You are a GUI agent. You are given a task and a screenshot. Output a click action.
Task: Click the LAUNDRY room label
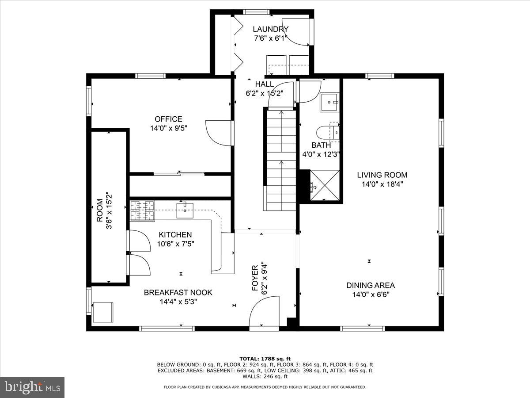pyautogui.click(x=270, y=29)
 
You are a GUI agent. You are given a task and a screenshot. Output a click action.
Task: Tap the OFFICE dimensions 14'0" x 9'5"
pyautogui.click(x=168, y=128)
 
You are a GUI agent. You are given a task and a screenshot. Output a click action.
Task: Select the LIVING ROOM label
pyautogui.click(x=382, y=175)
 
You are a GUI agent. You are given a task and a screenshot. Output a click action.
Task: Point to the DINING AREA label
pyautogui.click(x=370, y=285)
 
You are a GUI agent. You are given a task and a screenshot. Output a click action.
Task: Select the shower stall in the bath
pyautogui.click(x=325, y=186)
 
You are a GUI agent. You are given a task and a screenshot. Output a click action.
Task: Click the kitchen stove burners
pyautogui.click(x=142, y=210)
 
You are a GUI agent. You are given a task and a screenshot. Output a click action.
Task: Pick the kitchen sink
pyautogui.click(x=185, y=210)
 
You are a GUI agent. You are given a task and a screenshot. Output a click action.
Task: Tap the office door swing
pyautogui.click(x=219, y=133)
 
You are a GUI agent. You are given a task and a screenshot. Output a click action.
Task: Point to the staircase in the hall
pyautogui.click(x=281, y=159)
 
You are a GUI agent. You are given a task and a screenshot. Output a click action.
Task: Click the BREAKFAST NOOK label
pyautogui.click(x=178, y=292)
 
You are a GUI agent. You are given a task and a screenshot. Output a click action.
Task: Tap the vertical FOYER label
pyautogui.click(x=255, y=278)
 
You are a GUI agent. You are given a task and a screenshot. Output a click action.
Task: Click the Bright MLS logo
pyautogui.click(x=32, y=387)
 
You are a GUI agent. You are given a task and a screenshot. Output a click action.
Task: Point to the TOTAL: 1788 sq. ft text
pyautogui.click(x=265, y=358)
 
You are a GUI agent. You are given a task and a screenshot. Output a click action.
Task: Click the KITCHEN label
pyautogui.click(x=175, y=235)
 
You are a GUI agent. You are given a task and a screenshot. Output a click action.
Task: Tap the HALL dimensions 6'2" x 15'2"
pyautogui.click(x=264, y=93)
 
